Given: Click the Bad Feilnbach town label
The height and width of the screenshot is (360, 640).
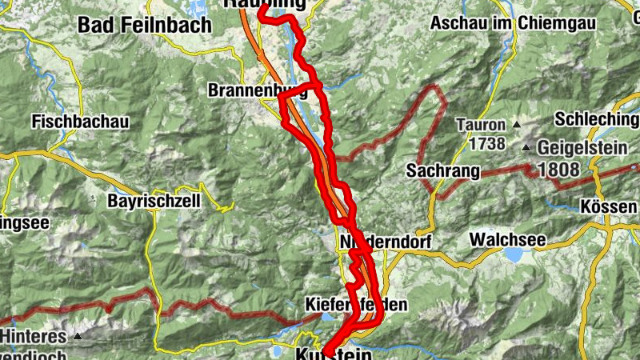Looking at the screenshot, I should point(145,25).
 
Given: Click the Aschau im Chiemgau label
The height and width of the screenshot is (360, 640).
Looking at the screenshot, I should point(513,23).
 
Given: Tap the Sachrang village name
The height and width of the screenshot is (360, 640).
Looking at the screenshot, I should point(442,170).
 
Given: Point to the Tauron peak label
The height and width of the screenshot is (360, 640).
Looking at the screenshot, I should point(481,125).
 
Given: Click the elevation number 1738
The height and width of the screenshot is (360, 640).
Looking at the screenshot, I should point(488,144).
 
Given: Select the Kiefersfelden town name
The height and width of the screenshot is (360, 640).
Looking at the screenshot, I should point(357,304).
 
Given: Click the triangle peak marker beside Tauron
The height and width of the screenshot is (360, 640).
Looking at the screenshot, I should point(517,125).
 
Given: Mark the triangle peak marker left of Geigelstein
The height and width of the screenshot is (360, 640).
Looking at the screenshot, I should point(526,148).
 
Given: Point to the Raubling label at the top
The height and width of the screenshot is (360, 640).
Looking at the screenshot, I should point(277,4).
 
